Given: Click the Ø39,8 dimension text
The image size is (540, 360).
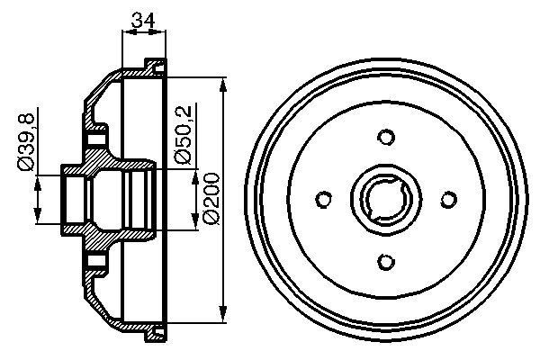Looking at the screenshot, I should [27, 141].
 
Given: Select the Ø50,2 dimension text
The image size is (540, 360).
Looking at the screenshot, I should [182, 133].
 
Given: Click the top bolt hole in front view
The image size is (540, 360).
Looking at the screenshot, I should [386, 137].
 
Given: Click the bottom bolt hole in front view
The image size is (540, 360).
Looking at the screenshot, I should [386, 261].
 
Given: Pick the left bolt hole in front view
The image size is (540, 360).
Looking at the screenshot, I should [324, 200].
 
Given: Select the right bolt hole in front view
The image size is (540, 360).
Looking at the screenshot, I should [448, 200].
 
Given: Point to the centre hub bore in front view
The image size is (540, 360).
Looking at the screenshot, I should [386, 199].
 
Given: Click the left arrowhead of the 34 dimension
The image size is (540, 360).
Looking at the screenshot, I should [125, 32].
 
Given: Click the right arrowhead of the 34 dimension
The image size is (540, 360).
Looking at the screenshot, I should [162, 32].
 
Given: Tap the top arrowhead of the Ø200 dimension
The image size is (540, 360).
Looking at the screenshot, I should [222, 81].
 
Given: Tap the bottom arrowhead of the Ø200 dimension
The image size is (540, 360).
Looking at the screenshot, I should [222, 316].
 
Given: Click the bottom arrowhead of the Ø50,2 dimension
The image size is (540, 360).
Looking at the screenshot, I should [195, 225].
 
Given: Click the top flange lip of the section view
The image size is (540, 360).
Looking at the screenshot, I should [154, 66].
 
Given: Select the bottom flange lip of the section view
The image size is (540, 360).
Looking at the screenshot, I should [154, 335].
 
